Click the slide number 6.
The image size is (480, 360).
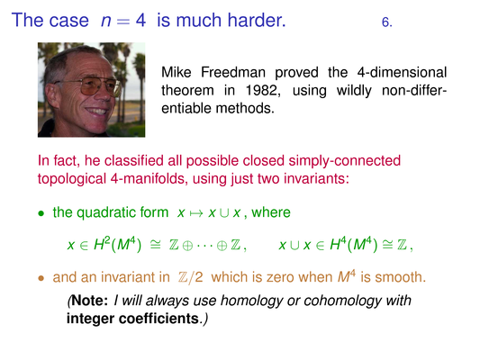pyautogui.click(x=387, y=22)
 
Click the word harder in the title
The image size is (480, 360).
pyautogui.click(x=257, y=20)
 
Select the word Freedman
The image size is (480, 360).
pyautogui.click(x=233, y=73)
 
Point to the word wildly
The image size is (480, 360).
pyautogui.click(x=354, y=91)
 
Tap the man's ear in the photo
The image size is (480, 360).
pyautogui.click(x=52, y=94)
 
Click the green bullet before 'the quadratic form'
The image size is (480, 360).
pyautogui.click(x=41, y=213)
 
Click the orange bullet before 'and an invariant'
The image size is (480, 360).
pyautogui.click(x=41, y=278)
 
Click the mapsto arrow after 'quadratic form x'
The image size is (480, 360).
pyautogui.click(x=196, y=213)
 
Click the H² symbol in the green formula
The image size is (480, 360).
pyautogui.click(x=99, y=244)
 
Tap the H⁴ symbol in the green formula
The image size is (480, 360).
pyautogui.click(x=336, y=244)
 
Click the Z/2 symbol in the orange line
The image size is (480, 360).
pyautogui.click(x=190, y=277)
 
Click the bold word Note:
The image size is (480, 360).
pyautogui.click(x=90, y=301)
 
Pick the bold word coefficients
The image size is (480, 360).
pyautogui.click(x=158, y=319)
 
